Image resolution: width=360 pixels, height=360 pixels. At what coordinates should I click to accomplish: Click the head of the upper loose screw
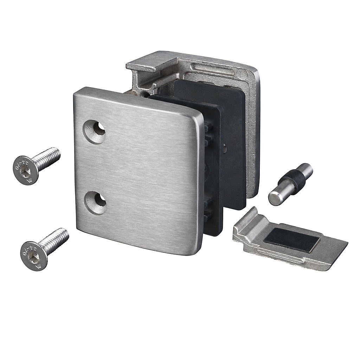(x=26, y=169)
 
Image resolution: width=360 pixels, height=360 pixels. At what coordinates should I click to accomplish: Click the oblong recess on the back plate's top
(x=211, y=69)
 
